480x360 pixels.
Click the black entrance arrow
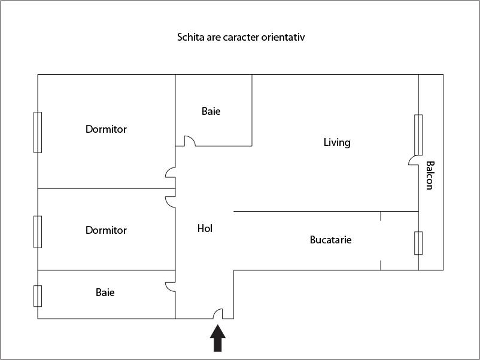(218, 338)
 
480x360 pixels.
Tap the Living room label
(337, 142)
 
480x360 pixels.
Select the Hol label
(205, 228)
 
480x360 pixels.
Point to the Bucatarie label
(330, 239)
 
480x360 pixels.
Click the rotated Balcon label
(430, 176)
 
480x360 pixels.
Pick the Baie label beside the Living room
(211, 111)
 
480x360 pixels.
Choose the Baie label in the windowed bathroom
(105, 292)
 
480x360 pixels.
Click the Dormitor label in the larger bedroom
(106, 129)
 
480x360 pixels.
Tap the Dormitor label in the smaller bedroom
(106, 230)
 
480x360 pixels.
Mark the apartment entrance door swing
(218, 314)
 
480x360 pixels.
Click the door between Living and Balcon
(414, 160)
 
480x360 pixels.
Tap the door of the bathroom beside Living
(190, 141)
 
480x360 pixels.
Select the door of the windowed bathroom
(170, 287)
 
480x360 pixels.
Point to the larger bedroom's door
(170, 172)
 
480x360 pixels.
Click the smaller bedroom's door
(170, 202)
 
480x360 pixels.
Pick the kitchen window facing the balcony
(418, 243)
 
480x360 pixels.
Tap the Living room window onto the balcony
(418, 135)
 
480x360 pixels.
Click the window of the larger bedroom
(38, 132)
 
